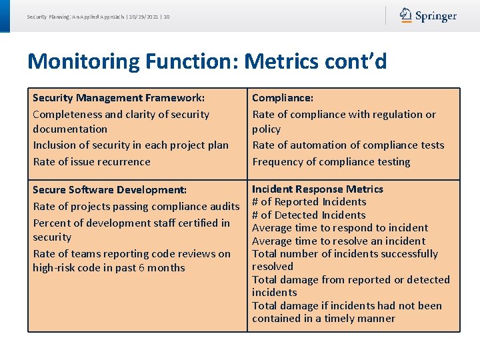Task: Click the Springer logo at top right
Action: coord(428,15)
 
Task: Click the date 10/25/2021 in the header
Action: coord(143,17)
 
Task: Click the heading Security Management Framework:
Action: coord(119,98)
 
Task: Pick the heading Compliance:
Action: coord(283,98)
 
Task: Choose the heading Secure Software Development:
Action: coord(109,190)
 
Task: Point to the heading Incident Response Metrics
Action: coord(317,189)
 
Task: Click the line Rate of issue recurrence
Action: coord(91,161)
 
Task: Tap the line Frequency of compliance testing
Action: coord(331,161)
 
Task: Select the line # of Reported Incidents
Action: coord(309,202)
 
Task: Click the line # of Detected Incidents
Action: coord(309,215)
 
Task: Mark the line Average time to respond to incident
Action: coord(340,228)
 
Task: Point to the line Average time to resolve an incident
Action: coord(338,241)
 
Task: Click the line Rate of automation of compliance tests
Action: coord(347,145)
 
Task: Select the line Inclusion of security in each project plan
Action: coord(130,145)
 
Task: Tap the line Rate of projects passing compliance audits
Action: coord(135,207)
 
